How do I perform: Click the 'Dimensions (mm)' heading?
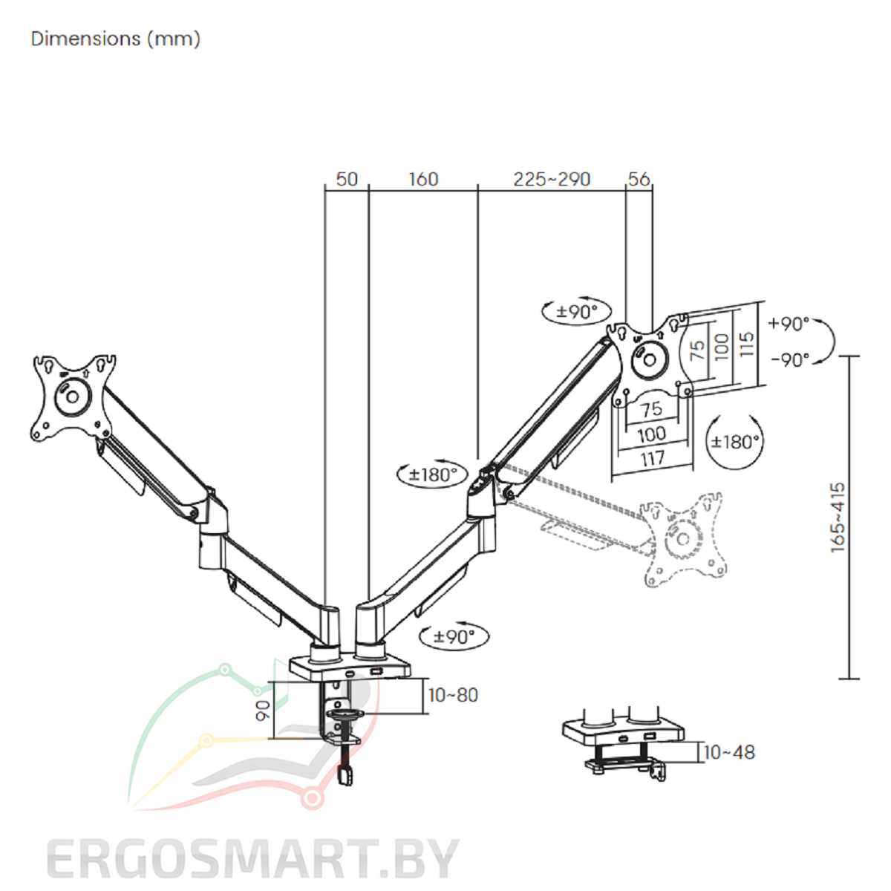(x=116, y=39)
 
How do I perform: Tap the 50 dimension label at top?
(x=347, y=180)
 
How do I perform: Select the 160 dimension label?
(x=423, y=180)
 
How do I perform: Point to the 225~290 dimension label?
(x=552, y=180)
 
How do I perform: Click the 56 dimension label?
(x=639, y=180)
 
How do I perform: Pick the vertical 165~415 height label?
(x=838, y=517)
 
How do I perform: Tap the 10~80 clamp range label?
(x=453, y=695)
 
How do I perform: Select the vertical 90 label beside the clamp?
(x=263, y=711)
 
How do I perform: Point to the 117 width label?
(x=653, y=459)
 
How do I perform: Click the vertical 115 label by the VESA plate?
(x=746, y=344)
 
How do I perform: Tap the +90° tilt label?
(x=789, y=324)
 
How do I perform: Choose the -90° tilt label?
(x=790, y=359)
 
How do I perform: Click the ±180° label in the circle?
(x=735, y=442)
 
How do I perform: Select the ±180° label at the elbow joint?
(x=433, y=474)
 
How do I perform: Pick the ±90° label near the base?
(x=454, y=636)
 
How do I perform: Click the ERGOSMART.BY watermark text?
(x=252, y=859)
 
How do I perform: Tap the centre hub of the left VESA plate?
(x=73, y=396)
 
